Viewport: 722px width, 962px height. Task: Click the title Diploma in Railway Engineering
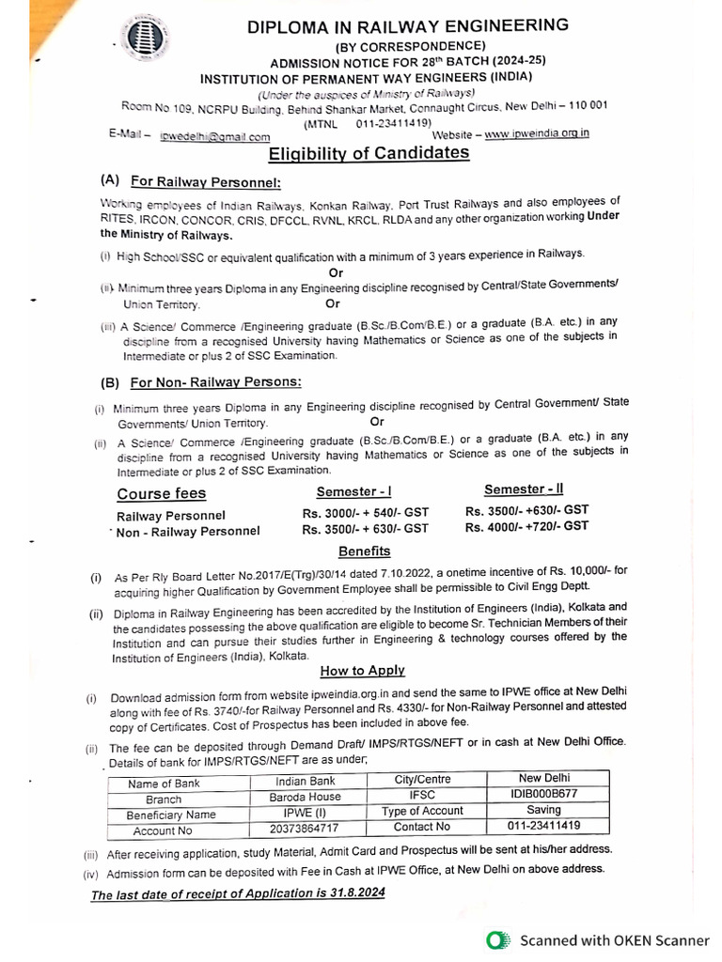407,26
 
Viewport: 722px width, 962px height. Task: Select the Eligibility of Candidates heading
369,152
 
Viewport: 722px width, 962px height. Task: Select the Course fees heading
161,493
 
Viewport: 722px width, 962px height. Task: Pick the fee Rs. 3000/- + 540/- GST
365,513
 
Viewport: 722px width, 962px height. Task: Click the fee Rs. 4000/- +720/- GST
526,527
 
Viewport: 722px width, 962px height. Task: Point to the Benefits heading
364,551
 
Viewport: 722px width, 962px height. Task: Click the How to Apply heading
362,670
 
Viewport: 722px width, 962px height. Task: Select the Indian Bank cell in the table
305,781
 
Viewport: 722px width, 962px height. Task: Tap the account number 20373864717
305,829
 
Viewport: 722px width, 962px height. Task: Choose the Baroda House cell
305,797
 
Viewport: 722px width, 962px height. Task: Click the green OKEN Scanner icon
498,939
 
